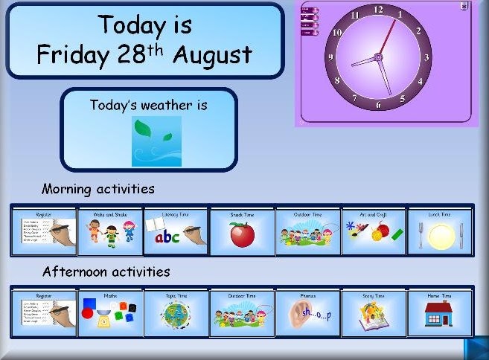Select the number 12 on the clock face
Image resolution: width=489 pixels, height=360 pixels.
point(378,10)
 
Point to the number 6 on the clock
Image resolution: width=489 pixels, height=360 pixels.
point(378,105)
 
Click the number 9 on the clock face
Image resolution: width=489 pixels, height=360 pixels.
point(330,57)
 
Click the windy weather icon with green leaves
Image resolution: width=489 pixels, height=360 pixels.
point(156,141)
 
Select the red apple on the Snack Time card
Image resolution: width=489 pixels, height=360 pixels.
point(241,235)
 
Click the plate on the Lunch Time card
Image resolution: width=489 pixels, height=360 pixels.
point(439,237)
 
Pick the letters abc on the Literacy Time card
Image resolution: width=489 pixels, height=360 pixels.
point(167,237)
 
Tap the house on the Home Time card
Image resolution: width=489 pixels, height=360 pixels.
point(439,314)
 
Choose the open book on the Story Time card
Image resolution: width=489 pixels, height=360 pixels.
point(371,316)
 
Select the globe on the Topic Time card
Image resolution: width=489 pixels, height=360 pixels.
point(176,314)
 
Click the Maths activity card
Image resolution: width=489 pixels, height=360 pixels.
point(110,312)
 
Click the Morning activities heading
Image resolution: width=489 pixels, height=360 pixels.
point(98,189)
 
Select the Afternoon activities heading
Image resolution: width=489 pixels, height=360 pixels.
point(106,271)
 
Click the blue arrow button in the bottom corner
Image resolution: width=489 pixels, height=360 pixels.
point(476,348)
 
